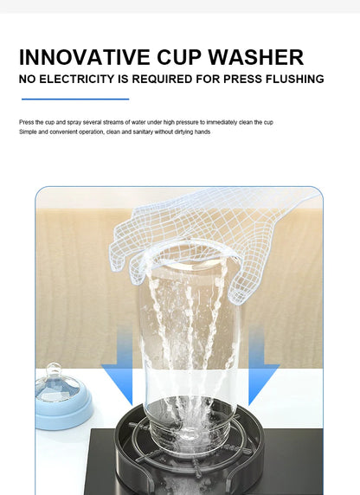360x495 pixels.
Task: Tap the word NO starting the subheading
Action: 29,80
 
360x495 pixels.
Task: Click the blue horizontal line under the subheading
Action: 74,99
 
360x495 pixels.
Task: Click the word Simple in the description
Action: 28,132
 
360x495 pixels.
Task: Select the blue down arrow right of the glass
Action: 262,381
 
